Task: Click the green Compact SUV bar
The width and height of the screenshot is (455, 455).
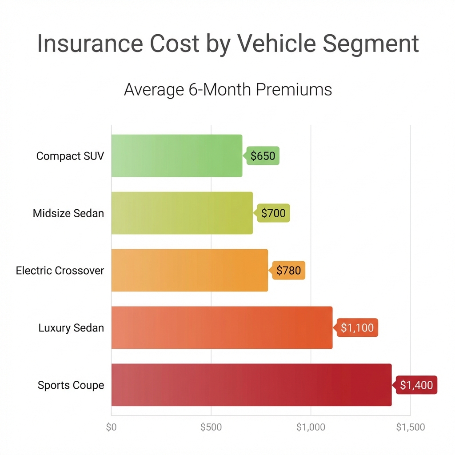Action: point(177,156)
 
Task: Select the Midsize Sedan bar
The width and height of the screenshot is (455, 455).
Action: point(182,213)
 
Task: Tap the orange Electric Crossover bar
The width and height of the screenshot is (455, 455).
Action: point(189,270)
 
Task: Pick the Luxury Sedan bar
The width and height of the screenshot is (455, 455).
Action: point(222,327)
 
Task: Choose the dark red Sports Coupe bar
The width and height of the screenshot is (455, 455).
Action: point(251,385)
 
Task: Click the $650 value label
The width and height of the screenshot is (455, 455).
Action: point(263,156)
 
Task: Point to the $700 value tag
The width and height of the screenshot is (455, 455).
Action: point(273,213)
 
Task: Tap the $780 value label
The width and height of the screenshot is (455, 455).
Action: point(289,270)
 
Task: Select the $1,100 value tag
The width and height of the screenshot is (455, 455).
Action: point(357,328)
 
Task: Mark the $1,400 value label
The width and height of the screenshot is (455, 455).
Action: point(416,385)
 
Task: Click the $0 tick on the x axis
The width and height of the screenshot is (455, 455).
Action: point(111,427)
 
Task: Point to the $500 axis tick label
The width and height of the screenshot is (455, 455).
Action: point(211,427)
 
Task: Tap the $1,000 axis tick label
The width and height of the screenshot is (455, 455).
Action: point(311,427)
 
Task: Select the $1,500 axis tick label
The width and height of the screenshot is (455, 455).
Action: point(411,427)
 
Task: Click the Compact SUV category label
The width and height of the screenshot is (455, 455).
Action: point(70,156)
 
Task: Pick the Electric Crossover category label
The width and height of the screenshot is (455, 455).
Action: point(60,271)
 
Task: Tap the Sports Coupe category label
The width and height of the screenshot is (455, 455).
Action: point(71,385)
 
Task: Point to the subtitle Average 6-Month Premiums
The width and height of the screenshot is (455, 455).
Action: point(227,89)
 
